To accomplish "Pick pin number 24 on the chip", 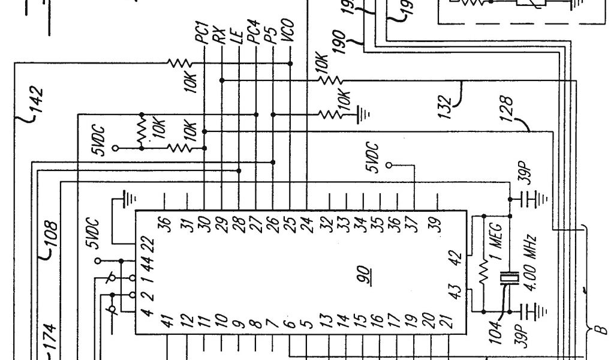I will [x=307, y=224].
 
